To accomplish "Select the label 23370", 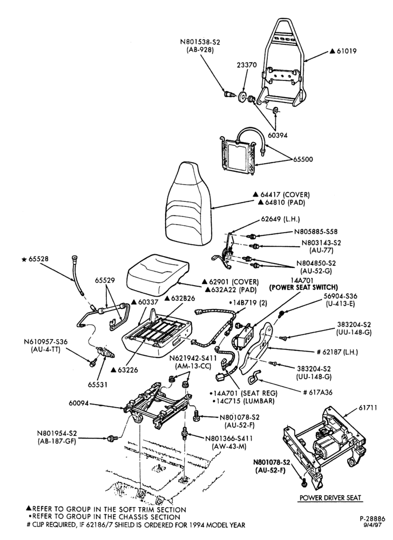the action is click(x=246, y=65).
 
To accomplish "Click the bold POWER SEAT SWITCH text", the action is click(x=303, y=287).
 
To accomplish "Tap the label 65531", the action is click(x=97, y=384).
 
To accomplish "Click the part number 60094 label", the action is click(x=79, y=403).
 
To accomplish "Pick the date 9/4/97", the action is click(x=376, y=525).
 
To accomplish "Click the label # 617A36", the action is click(x=317, y=392).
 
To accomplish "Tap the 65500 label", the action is click(x=303, y=159).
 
